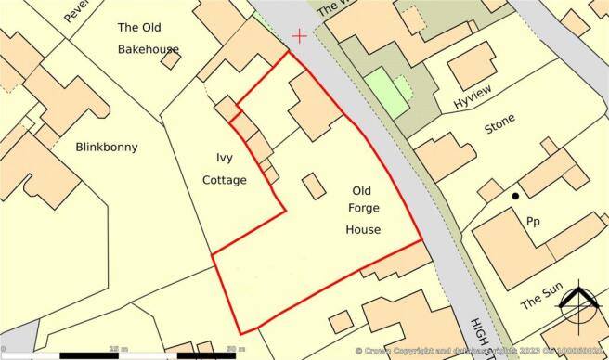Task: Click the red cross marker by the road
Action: (x=299, y=36)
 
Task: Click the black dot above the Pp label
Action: (x=513, y=197)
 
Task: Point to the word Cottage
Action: (x=226, y=180)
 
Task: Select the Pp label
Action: (x=534, y=223)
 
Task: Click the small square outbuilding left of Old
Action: (x=314, y=186)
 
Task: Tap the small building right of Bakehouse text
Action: (x=170, y=58)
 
